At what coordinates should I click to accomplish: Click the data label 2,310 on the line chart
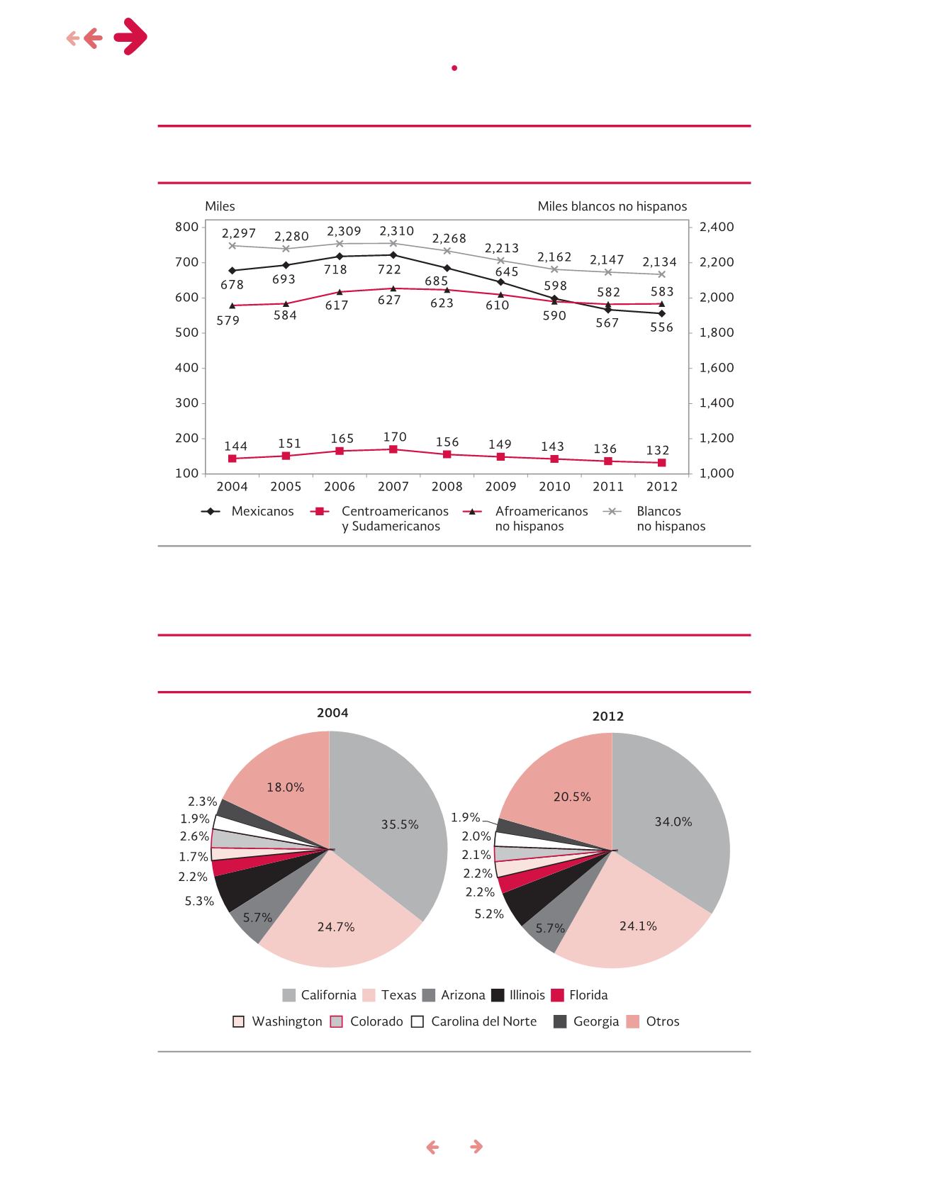point(397,231)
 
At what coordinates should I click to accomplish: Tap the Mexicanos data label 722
point(389,269)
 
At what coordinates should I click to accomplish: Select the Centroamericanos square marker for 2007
point(393,449)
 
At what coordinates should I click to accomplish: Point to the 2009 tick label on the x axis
point(501,486)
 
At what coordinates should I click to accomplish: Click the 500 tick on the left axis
point(187,332)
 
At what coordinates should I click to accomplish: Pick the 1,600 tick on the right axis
point(717,368)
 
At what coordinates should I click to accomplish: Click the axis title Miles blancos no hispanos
point(612,206)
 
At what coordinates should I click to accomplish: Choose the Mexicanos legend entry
point(248,511)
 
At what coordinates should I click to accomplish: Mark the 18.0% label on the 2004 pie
point(286,787)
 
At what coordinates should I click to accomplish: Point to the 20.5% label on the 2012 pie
point(572,797)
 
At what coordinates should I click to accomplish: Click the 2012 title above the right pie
point(608,717)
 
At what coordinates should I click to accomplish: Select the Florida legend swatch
point(557,995)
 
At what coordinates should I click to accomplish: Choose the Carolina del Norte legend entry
point(474,1021)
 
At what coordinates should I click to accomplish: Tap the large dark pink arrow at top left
point(130,37)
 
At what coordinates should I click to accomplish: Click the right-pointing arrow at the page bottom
point(477,1147)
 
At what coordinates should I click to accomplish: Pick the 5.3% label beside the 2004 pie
point(199,902)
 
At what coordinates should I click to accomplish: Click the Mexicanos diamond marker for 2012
point(662,313)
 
